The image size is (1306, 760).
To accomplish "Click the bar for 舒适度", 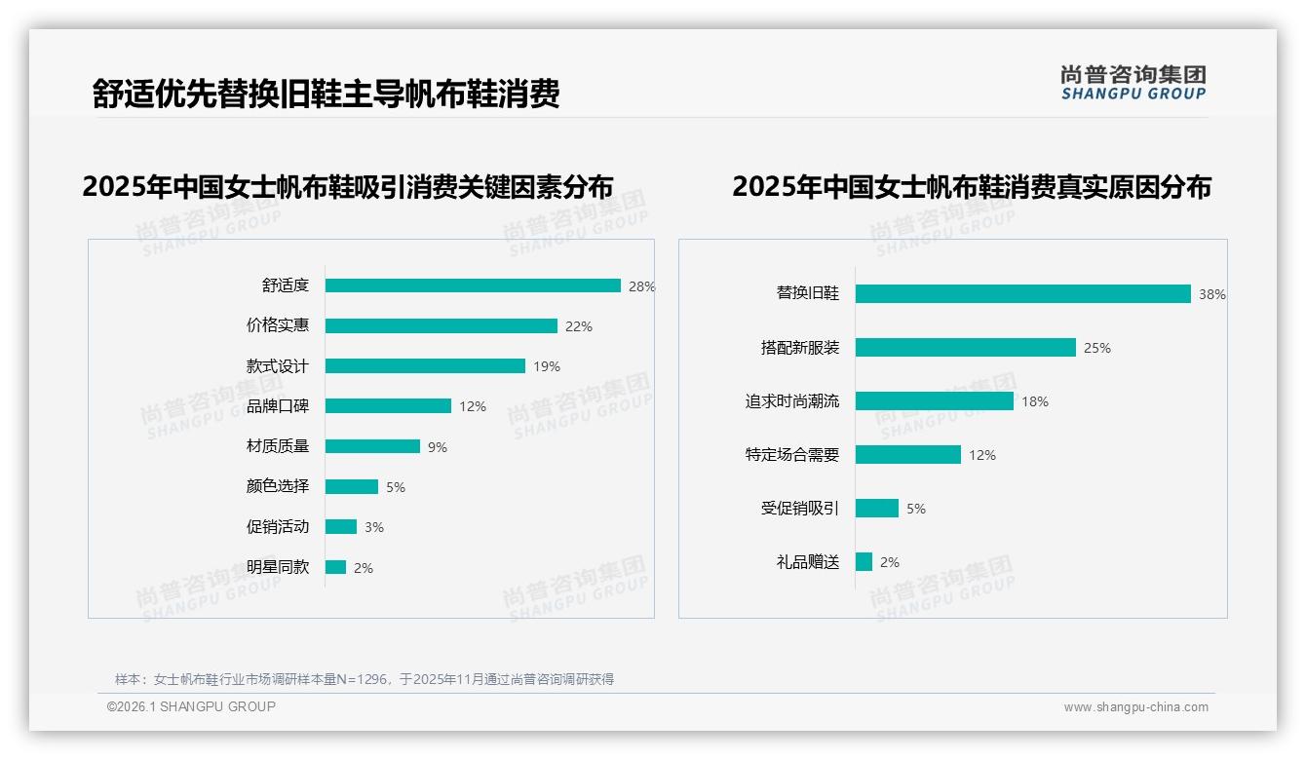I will pos(473,285).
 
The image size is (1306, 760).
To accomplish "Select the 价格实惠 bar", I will pos(442,326).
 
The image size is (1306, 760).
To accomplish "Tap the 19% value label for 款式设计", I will pos(547,367).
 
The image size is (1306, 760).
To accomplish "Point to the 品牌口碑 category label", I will pos(278,406).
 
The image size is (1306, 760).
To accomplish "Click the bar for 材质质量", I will pos(372,446).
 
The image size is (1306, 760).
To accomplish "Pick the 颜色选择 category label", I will pos(278,486).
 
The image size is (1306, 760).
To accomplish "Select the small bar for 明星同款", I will pos(335,567).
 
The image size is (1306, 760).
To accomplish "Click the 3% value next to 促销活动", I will pos(374,527).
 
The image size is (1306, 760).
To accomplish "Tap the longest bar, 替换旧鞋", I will pos(1023,294).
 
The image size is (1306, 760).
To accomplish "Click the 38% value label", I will pos(1212,294).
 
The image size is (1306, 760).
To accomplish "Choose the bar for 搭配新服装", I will pos(966,348).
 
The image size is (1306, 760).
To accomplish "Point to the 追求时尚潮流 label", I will pos(792,401).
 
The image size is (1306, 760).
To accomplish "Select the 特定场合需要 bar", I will pos(908,455).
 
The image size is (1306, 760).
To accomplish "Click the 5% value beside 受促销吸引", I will pos(916,509).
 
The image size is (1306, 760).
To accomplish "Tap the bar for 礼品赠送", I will pos(864,562).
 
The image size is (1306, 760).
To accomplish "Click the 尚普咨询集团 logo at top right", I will pos(1133,82).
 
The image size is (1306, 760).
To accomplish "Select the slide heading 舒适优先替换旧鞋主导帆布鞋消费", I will pos(326,94).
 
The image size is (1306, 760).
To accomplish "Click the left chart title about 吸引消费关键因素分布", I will pos(348,186).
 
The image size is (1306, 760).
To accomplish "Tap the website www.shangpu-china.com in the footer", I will pos(1135,707).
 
